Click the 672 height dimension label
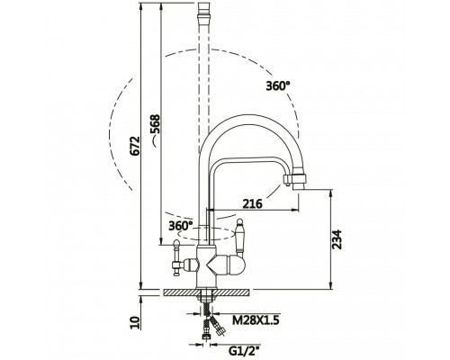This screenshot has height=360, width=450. tap(136, 146)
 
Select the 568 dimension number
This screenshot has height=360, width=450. tap(155, 124)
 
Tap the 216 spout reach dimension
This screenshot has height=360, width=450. tap(252, 204)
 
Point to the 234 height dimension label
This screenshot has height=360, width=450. tap(337, 239)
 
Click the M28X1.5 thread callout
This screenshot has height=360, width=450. tap(256, 320)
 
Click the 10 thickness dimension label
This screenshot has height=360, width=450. tap(136, 323)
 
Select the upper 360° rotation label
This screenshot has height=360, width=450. tap(278, 86)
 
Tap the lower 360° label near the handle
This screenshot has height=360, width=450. tap(181, 226)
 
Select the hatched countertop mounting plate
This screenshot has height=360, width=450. tap(206, 292)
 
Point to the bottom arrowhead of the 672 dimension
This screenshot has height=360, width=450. tap(140, 286)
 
